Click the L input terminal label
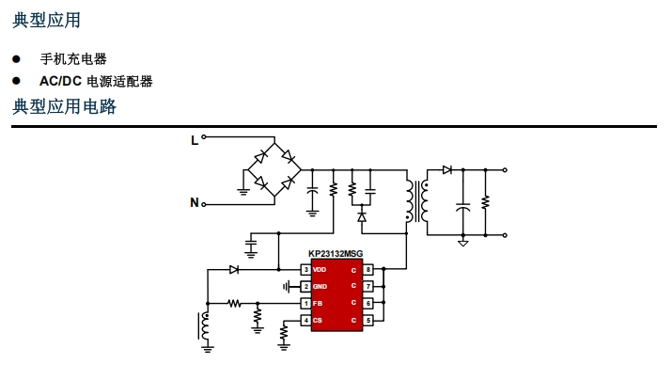click(195, 141)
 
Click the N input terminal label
click(195, 202)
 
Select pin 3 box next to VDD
click(305, 270)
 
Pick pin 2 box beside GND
click(305, 286)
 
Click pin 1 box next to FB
click(305, 303)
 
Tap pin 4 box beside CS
click(305, 320)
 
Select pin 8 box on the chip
click(368, 270)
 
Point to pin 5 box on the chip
click(368, 320)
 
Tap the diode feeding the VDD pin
click(234, 270)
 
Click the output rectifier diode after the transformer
click(447, 170)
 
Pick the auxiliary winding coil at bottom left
click(204, 325)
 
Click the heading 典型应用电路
click(65, 107)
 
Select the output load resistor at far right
click(486, 202)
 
